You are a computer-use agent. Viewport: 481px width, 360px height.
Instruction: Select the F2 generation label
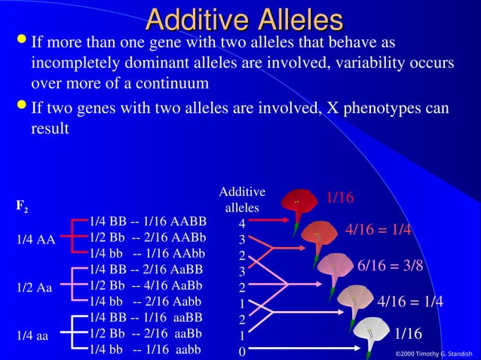[x=23, y=205]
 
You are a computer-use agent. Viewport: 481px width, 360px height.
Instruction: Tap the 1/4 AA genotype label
[x=35, y=240]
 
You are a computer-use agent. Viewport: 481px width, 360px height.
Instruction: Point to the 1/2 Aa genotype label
[x=35, y=288]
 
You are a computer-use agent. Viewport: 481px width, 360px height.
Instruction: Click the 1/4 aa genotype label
[x=34, y=335]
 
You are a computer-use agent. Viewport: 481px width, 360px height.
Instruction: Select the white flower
[x=371, y=332]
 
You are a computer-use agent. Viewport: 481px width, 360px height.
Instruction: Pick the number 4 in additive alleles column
[x=241, y=224]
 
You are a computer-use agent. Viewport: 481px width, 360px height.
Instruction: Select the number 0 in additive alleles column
[x=241, y=351]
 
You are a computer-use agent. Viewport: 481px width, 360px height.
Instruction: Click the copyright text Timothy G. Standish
[x=437, y=353]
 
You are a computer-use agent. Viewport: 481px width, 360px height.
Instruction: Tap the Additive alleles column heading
[x=242, y=200]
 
